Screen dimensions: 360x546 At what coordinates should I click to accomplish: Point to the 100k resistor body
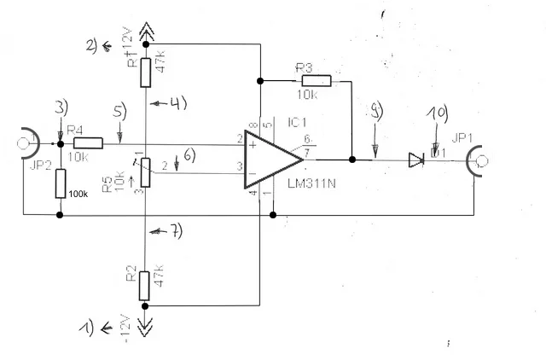[x=60, y=183]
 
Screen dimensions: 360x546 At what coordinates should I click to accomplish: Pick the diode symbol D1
[x=416, y=159]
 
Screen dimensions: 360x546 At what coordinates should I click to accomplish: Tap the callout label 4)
[x=175, y=104]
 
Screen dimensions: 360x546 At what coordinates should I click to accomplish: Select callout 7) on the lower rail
[x=173, y=232]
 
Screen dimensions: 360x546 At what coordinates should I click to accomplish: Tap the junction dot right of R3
[x=351, y=159]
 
